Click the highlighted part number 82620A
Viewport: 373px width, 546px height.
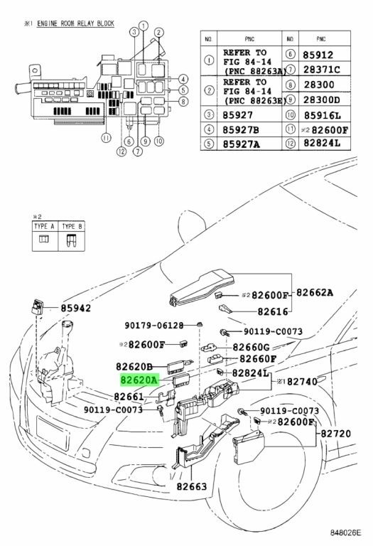[x=139, y=380]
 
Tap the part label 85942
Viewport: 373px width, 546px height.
[x=75, y=308]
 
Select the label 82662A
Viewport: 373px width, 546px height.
[x=315, y=292]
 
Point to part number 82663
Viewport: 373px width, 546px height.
[x=192, y=486]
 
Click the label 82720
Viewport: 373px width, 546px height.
[x=336, y=434]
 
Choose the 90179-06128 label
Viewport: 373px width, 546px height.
[x=154, y=326]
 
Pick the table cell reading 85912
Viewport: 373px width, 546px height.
[x=318, y=55]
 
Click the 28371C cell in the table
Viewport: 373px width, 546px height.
[x=321, y=70]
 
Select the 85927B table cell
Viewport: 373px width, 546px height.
[x=241, y=129]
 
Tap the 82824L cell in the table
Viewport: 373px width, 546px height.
[x=322, y=143]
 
